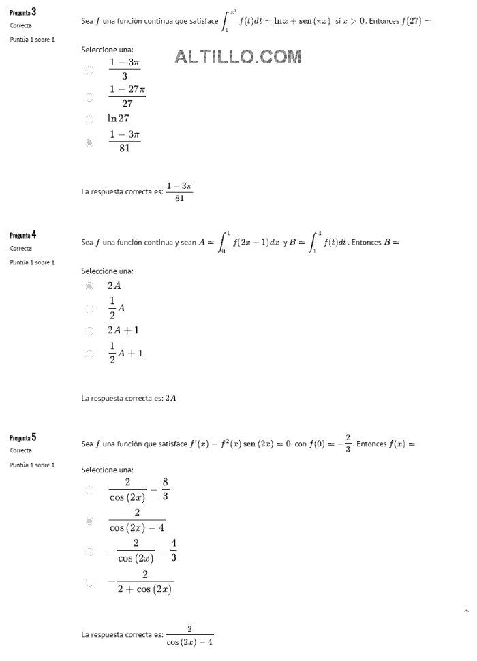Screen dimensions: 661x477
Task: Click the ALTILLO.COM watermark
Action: [238, 57]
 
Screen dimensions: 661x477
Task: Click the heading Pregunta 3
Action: [24, 12]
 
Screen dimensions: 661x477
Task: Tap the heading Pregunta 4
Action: [24, 235]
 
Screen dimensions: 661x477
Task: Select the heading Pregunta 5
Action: [24, 437]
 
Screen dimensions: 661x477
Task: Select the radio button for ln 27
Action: [89, 119]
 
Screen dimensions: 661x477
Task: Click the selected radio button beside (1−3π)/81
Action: [89, 142]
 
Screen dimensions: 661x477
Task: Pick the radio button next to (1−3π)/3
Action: [89, 70]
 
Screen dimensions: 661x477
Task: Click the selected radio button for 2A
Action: [89, 286]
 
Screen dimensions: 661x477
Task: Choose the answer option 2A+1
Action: [89, 331]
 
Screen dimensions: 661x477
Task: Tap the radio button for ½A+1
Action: [89, 354]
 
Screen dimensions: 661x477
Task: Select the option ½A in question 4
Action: [89, 309]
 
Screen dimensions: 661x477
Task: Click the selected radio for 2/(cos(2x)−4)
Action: [89, 521]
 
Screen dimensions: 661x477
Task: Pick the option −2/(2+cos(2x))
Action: [89, 583]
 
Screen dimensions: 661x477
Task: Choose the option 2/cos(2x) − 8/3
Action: [89, 490]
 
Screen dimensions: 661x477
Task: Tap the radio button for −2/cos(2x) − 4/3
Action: [89, 551]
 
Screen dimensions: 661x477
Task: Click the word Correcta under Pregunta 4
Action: [21, 249]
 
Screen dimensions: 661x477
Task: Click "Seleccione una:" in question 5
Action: [107, 470]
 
